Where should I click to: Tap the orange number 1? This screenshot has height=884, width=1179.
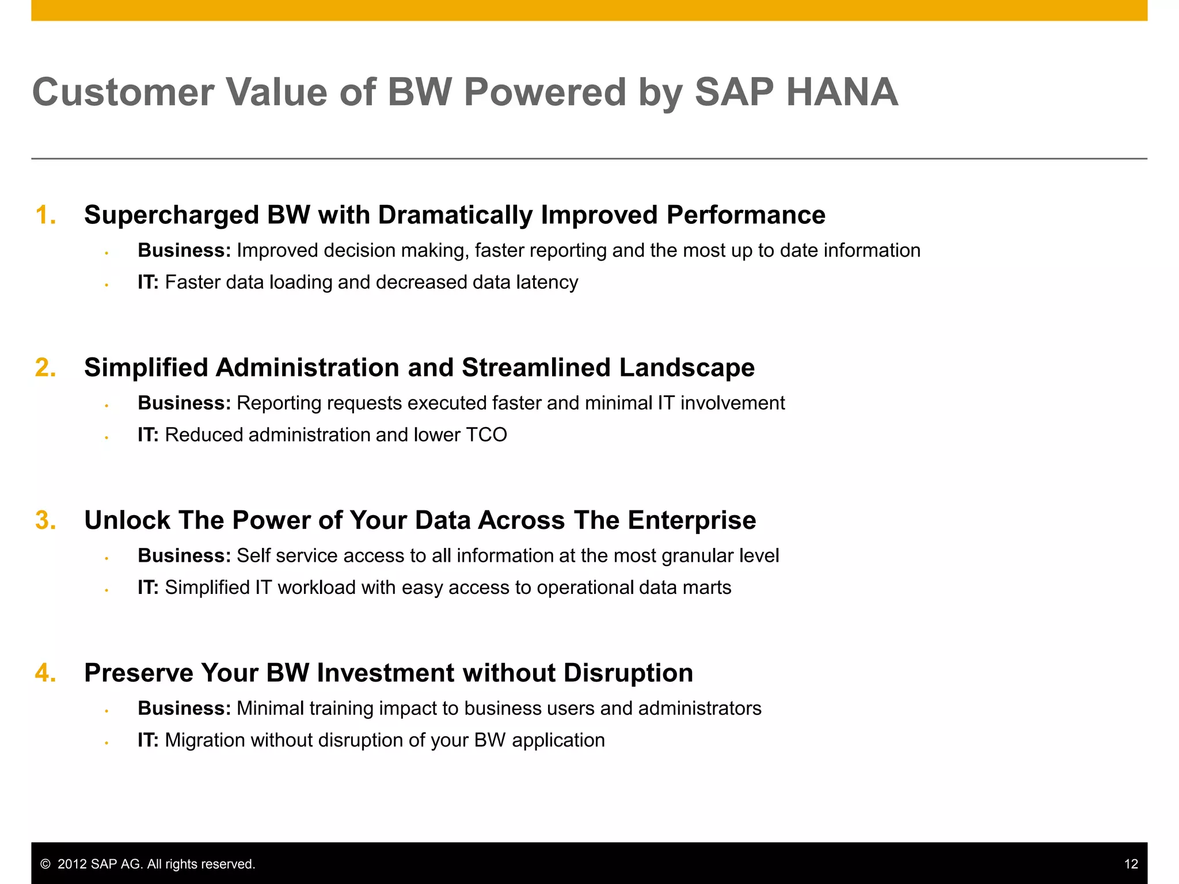tap(45, 215)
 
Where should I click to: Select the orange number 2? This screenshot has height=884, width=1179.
tap(45, 368)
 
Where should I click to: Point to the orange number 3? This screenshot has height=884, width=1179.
tap(45, 520)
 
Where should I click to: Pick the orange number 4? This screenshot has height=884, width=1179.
tap(45, 673)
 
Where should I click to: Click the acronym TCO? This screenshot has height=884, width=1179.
tap(486, 435)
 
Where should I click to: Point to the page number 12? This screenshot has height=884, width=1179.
tap(1131, 864)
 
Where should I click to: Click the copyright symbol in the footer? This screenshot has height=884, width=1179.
tap(45, 864)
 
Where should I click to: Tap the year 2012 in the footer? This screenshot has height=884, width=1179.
tap(73, 864)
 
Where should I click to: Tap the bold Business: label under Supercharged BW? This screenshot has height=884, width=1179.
tap(184, 251)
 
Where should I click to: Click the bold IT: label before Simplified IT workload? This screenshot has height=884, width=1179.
tap(148, 588)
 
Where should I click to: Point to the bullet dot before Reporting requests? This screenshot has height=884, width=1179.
tap(107, 406)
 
